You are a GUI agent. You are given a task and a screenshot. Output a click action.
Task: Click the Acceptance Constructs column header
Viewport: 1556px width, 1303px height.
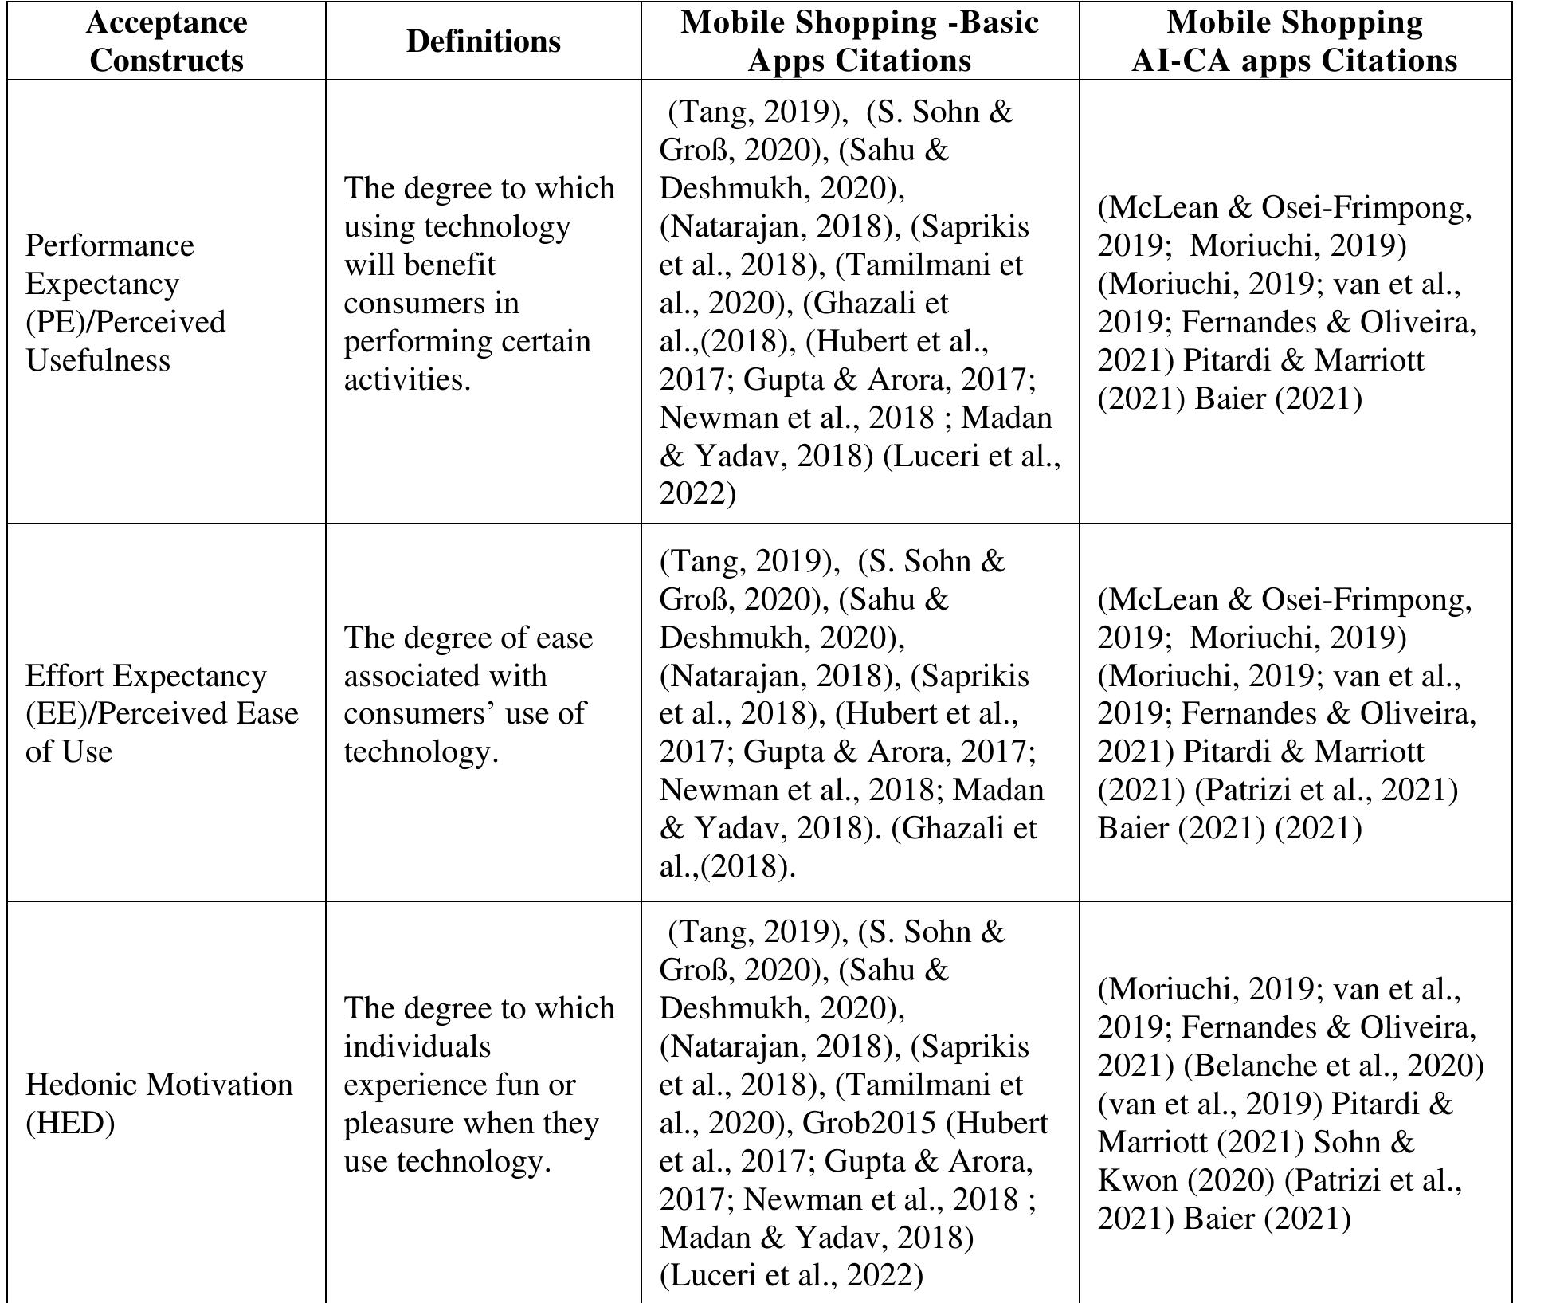pyautogui.click(x=167, y=41)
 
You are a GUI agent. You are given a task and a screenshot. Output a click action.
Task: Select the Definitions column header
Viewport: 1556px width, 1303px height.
pyautogui.click(x=483, y=41)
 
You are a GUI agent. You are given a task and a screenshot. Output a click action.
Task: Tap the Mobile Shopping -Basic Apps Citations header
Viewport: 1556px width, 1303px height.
pyautogui.click(x=860, y=41)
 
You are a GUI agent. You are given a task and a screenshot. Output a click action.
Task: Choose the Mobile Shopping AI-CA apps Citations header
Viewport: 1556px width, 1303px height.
pyautogui.click(x=1295, y=41)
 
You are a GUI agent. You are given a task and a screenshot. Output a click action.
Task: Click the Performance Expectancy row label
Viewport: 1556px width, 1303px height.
pyautogui.click(x=125, y=303)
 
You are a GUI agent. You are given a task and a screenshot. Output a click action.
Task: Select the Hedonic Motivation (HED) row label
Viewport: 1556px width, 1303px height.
pyautogui.click(x=159, y=1104)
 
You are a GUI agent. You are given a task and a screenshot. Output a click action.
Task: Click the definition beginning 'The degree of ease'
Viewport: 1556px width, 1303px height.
pyautogui.click(x=468, y=694)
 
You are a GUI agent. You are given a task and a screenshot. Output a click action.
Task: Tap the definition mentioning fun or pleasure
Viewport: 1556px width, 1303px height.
pyautogui.click(x=479, y=1085)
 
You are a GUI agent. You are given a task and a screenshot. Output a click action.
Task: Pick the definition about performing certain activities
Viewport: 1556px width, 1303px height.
pyautogui.click(x=479, y=284)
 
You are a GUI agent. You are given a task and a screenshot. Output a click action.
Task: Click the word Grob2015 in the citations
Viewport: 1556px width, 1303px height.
pyautogui.click(x=868, y=1123)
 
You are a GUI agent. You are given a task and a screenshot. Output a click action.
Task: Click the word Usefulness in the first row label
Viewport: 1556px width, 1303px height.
pyautogui.click(x=98, y=360)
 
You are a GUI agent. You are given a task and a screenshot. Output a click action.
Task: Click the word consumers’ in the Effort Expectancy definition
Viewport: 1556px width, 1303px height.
pyautogui.click(x=419, y=713)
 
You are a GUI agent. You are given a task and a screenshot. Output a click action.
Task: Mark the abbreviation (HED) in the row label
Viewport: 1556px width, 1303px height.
pyautogui.click(x=70, y=1123)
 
